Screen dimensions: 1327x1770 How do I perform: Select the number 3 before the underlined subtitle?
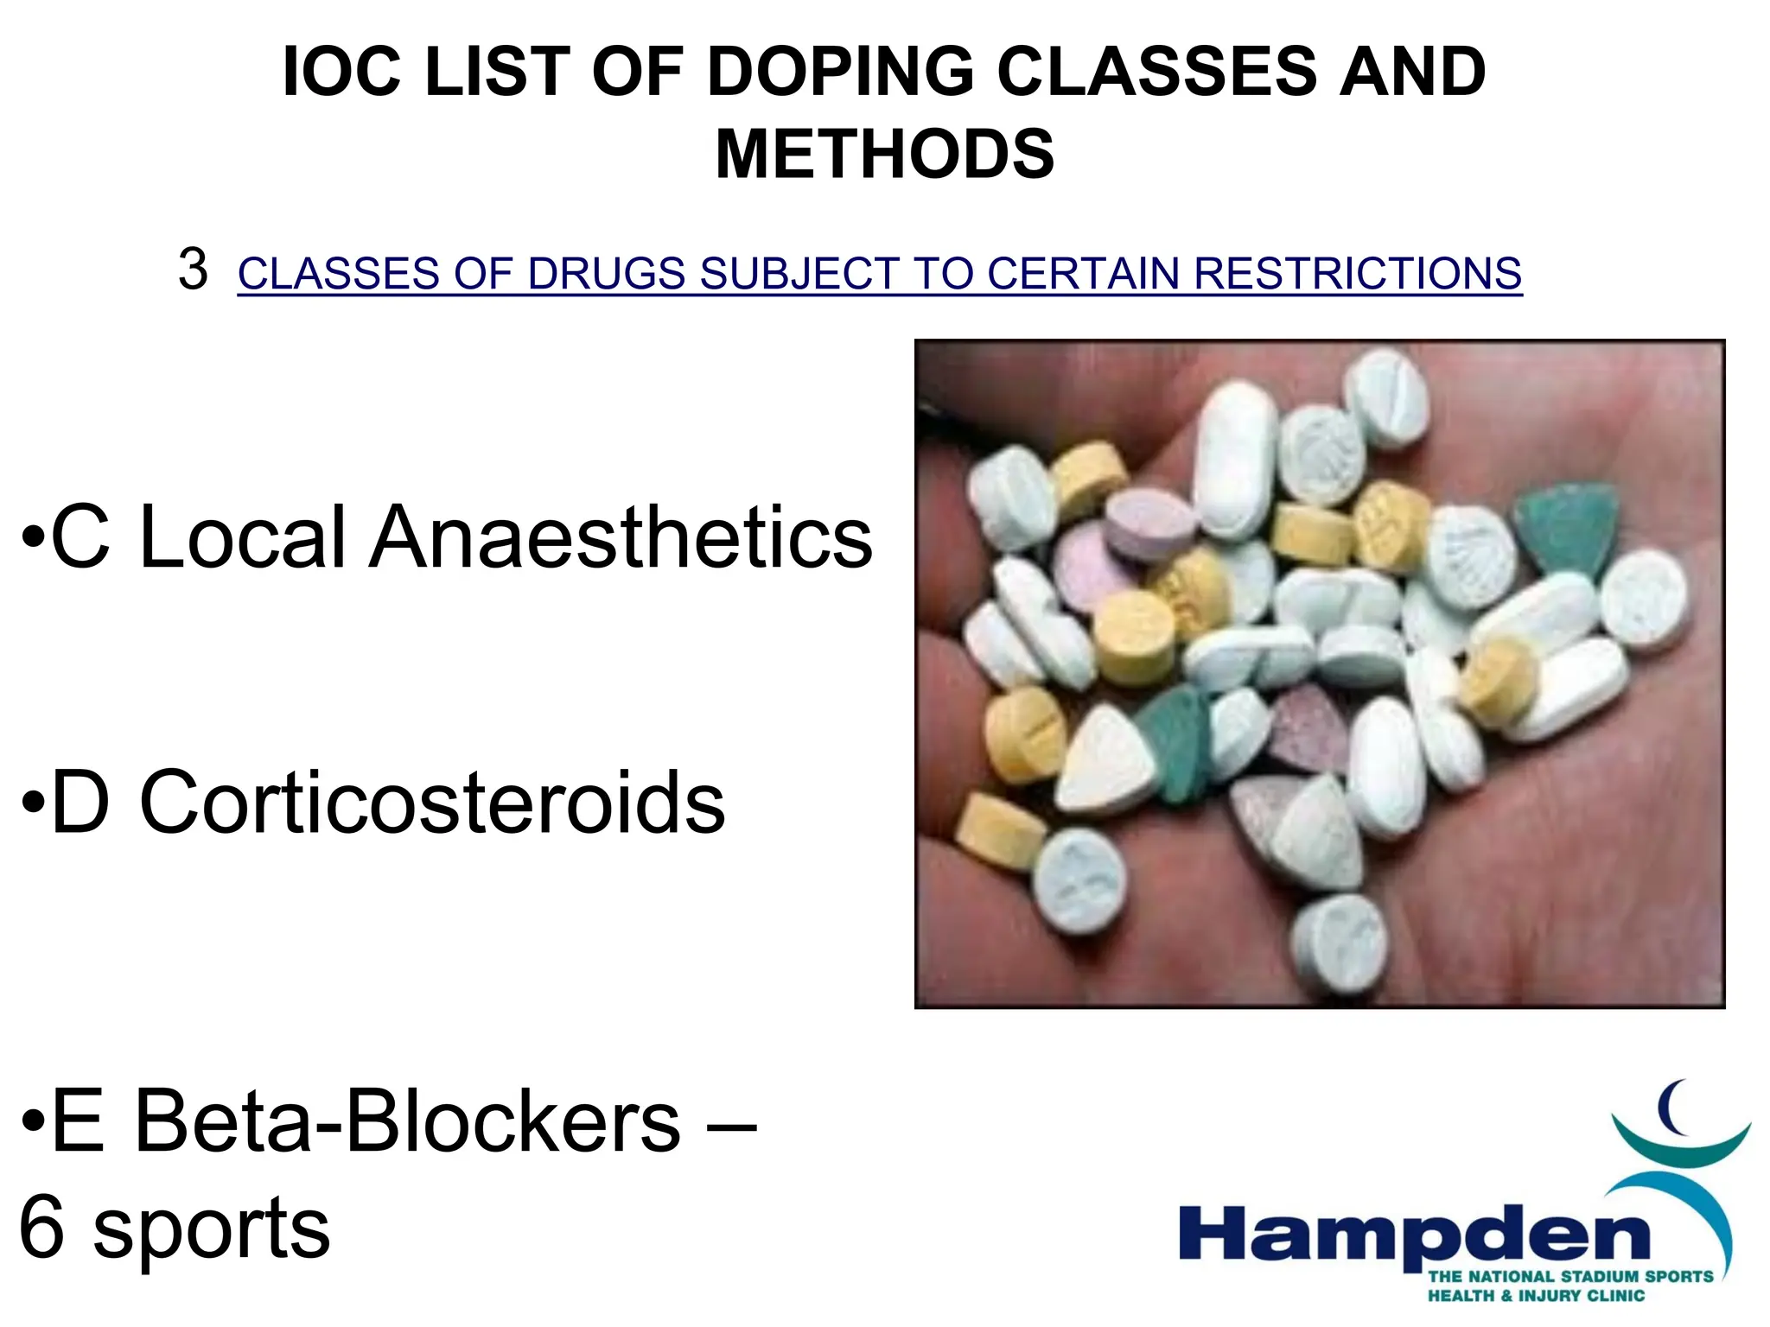click(x=193, y=270)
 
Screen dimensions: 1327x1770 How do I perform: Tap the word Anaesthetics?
click(x=621, y=537)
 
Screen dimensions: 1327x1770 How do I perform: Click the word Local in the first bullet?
click(x=243, y=537)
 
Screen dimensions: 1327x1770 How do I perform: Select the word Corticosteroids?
click(x=432, y=803)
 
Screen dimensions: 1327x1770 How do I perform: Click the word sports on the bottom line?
click(x=211, y=1229)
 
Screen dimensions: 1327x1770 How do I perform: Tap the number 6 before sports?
click(x=41, y=1227)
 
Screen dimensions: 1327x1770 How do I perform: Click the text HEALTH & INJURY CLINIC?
click(x=1535, y=1296)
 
